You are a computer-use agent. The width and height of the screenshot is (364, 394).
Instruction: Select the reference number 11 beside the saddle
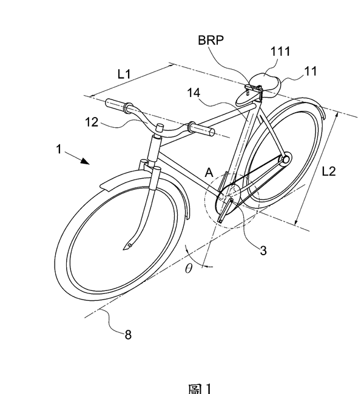(x=311, y=72)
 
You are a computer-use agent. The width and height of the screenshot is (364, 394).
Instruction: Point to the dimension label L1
(x=125, y=74)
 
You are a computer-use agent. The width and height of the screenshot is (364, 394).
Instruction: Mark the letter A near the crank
(x=208, y=173)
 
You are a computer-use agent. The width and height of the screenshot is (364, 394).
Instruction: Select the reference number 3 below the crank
(x=263, y=249)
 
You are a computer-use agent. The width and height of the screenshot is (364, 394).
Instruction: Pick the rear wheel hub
(x=284, y=160)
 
